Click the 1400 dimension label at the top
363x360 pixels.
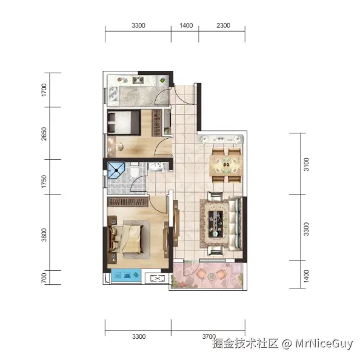click(186, 25)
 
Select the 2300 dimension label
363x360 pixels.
click(224, 25)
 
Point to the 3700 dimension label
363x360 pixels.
click(209, 336)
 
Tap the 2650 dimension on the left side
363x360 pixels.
click(44, 134)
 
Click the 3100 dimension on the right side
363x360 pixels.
click(306, 164)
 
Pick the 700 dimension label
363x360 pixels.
click(44, 278)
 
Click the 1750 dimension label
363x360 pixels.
click(44, 181)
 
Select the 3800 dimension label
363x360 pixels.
click(44, 235)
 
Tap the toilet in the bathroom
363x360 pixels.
click(135, 170)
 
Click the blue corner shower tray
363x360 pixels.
click(116, 170)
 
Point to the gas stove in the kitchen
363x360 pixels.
click(138, 80)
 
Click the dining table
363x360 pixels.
click(226, 165)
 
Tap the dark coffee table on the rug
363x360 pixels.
click(216, 224)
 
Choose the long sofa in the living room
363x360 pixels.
click(236, 224)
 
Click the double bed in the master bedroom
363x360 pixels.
click(127, 239)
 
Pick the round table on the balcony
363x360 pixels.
click(211, 276)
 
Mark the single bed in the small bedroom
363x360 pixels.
click(124, 122)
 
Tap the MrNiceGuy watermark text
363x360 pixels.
click(324, 343)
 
